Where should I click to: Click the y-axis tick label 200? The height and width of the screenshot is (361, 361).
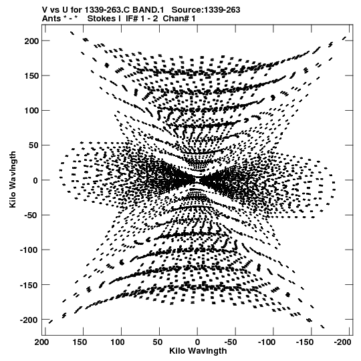31,41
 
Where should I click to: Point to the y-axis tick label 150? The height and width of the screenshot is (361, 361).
31,76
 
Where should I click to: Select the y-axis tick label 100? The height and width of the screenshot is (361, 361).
31,111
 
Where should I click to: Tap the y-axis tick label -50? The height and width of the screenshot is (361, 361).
31,216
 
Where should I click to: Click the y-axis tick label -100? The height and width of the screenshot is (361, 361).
29,250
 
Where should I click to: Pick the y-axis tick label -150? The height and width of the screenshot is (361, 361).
29,285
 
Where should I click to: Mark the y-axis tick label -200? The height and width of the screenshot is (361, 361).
29,320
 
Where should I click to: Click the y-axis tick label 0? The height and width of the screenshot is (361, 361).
35,180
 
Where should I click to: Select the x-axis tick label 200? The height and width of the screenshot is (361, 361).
41,342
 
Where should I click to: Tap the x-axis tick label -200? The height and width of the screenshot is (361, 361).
342,342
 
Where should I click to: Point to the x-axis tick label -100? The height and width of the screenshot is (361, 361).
267,342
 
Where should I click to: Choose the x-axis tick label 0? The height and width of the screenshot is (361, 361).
197,342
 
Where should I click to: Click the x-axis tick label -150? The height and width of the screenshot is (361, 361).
304,342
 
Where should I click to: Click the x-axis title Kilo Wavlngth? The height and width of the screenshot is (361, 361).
198,351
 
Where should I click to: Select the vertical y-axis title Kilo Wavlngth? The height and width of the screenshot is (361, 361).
13,179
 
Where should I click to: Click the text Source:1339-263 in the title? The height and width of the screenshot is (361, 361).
206,10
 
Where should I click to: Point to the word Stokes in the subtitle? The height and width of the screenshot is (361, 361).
104,19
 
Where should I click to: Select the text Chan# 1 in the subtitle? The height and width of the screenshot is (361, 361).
179,19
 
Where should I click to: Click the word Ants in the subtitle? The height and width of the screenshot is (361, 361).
51,19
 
